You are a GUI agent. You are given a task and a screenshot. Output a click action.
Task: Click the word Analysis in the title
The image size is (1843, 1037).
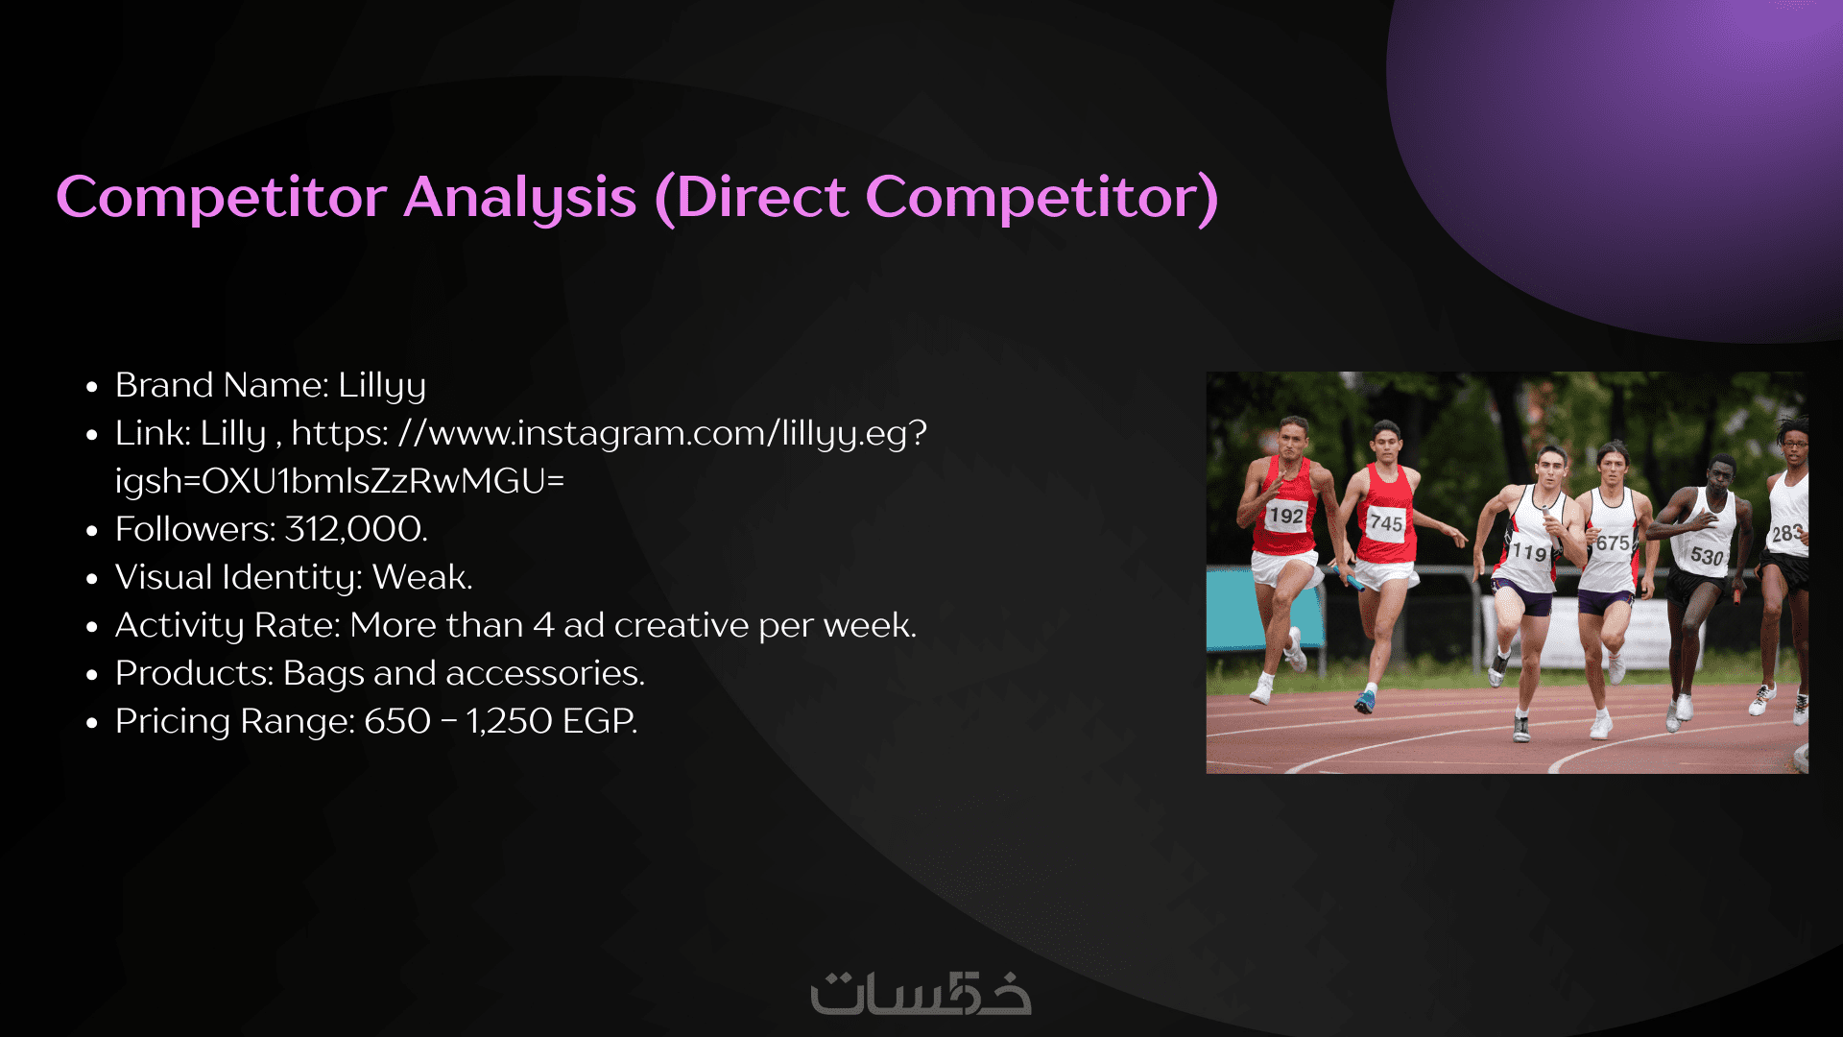519,199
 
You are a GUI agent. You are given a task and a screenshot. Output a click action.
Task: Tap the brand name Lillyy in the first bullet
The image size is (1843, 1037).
382,386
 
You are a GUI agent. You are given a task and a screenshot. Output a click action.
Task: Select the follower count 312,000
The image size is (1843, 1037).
353,529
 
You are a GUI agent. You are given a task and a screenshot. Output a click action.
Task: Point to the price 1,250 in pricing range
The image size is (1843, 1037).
510,721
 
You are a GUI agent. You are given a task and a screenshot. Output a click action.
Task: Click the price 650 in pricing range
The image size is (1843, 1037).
397,721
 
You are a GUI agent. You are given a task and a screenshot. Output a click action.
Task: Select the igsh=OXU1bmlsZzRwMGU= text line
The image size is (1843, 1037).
340,481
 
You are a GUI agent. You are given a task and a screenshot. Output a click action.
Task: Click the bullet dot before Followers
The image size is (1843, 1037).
92,531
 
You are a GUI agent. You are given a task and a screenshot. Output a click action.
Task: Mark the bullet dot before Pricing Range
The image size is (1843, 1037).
92,723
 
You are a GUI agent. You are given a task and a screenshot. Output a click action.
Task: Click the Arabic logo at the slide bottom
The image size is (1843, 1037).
921,993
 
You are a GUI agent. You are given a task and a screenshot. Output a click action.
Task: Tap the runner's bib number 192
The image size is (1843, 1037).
1286,516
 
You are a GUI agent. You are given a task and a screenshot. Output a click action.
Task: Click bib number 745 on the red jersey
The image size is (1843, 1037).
1386,523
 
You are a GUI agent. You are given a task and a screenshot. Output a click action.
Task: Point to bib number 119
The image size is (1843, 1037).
1529,552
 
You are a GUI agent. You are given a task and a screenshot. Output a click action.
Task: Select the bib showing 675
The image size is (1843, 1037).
1613,543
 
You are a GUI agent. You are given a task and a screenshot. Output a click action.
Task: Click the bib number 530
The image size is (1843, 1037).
1706,555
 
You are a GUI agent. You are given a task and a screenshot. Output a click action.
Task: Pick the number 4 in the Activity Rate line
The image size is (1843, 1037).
543,625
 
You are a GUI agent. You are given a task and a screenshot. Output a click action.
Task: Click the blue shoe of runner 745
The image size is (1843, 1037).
1364,703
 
